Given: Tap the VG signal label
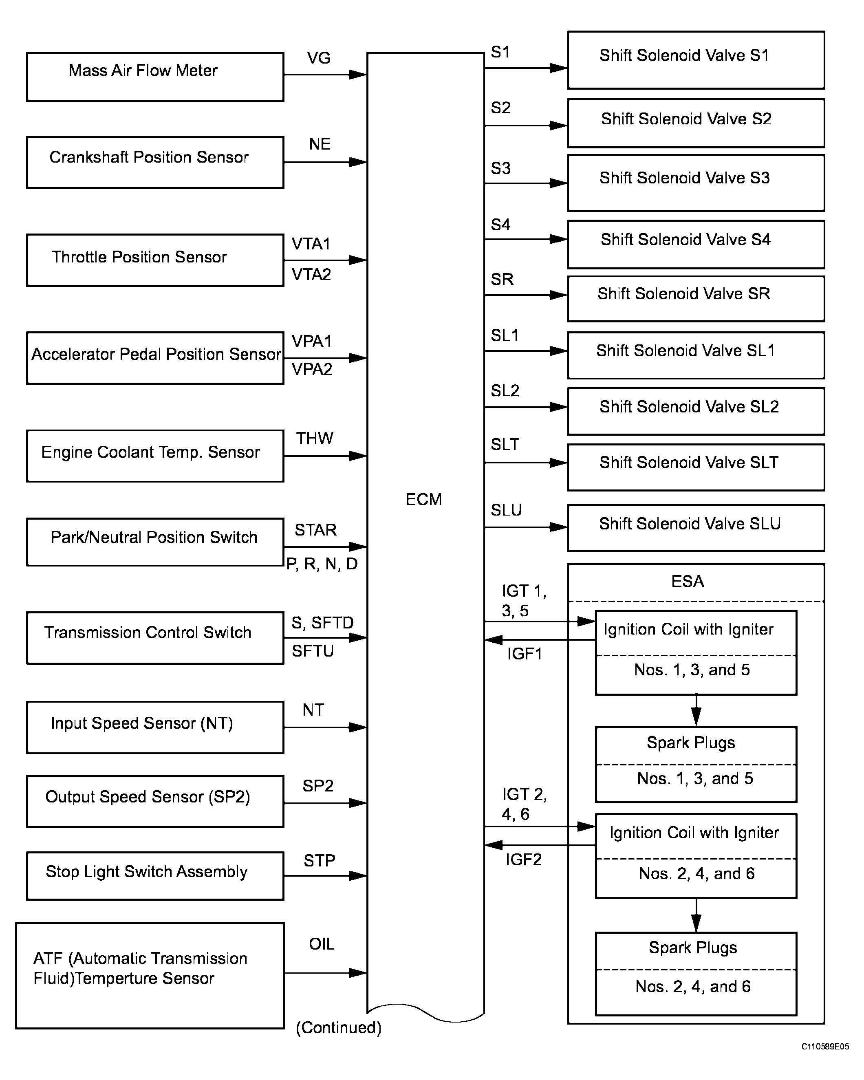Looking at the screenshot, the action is click(x=319, y=58).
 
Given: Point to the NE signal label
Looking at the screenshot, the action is click(x=320, y=144).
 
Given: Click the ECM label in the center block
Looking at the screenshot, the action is click(x=424, y=499).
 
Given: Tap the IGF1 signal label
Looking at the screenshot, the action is click(x=525, y=654).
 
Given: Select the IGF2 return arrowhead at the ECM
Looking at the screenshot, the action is click(x=494, y=845).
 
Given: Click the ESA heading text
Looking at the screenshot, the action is click(x=688, y=581).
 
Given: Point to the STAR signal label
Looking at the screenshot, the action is click(x=315, y=529).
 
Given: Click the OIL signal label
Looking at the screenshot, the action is click(x=321, y=944).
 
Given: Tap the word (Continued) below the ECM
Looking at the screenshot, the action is click(x=339, y=1027).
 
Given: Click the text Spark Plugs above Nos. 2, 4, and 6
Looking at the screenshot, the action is click(x=693, y=948).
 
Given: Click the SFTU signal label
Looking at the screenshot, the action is click(x=313, y=651).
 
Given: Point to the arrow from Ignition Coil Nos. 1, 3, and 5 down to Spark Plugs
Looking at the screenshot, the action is click(x=696, y=710).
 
